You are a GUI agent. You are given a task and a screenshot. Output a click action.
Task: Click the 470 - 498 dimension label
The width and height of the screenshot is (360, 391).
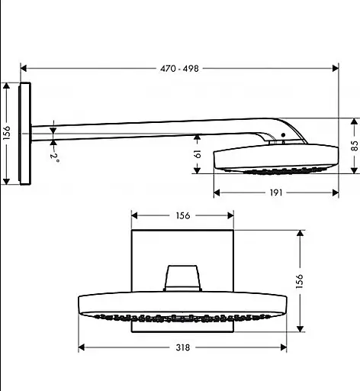[179, 69]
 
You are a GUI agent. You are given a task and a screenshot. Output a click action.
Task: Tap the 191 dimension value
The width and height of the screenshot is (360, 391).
[276, 192]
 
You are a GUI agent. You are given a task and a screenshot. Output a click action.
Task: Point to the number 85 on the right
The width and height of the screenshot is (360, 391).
[355, 146]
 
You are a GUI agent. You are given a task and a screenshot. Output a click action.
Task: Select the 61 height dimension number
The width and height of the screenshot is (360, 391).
[198, 154]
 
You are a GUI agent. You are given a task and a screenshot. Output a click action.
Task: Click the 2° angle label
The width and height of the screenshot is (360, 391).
[54, 158]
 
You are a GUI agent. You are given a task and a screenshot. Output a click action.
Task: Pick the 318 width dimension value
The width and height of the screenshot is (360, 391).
[183, 347]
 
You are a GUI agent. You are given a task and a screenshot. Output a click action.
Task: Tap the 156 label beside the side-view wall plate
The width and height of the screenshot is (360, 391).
[7, 133]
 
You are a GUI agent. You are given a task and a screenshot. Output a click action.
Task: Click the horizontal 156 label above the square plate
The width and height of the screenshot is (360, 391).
[183, 215]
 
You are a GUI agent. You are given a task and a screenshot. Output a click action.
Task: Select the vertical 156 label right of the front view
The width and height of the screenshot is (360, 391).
[300, 281]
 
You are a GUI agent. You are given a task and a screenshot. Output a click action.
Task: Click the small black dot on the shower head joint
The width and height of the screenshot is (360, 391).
[283, 134]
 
